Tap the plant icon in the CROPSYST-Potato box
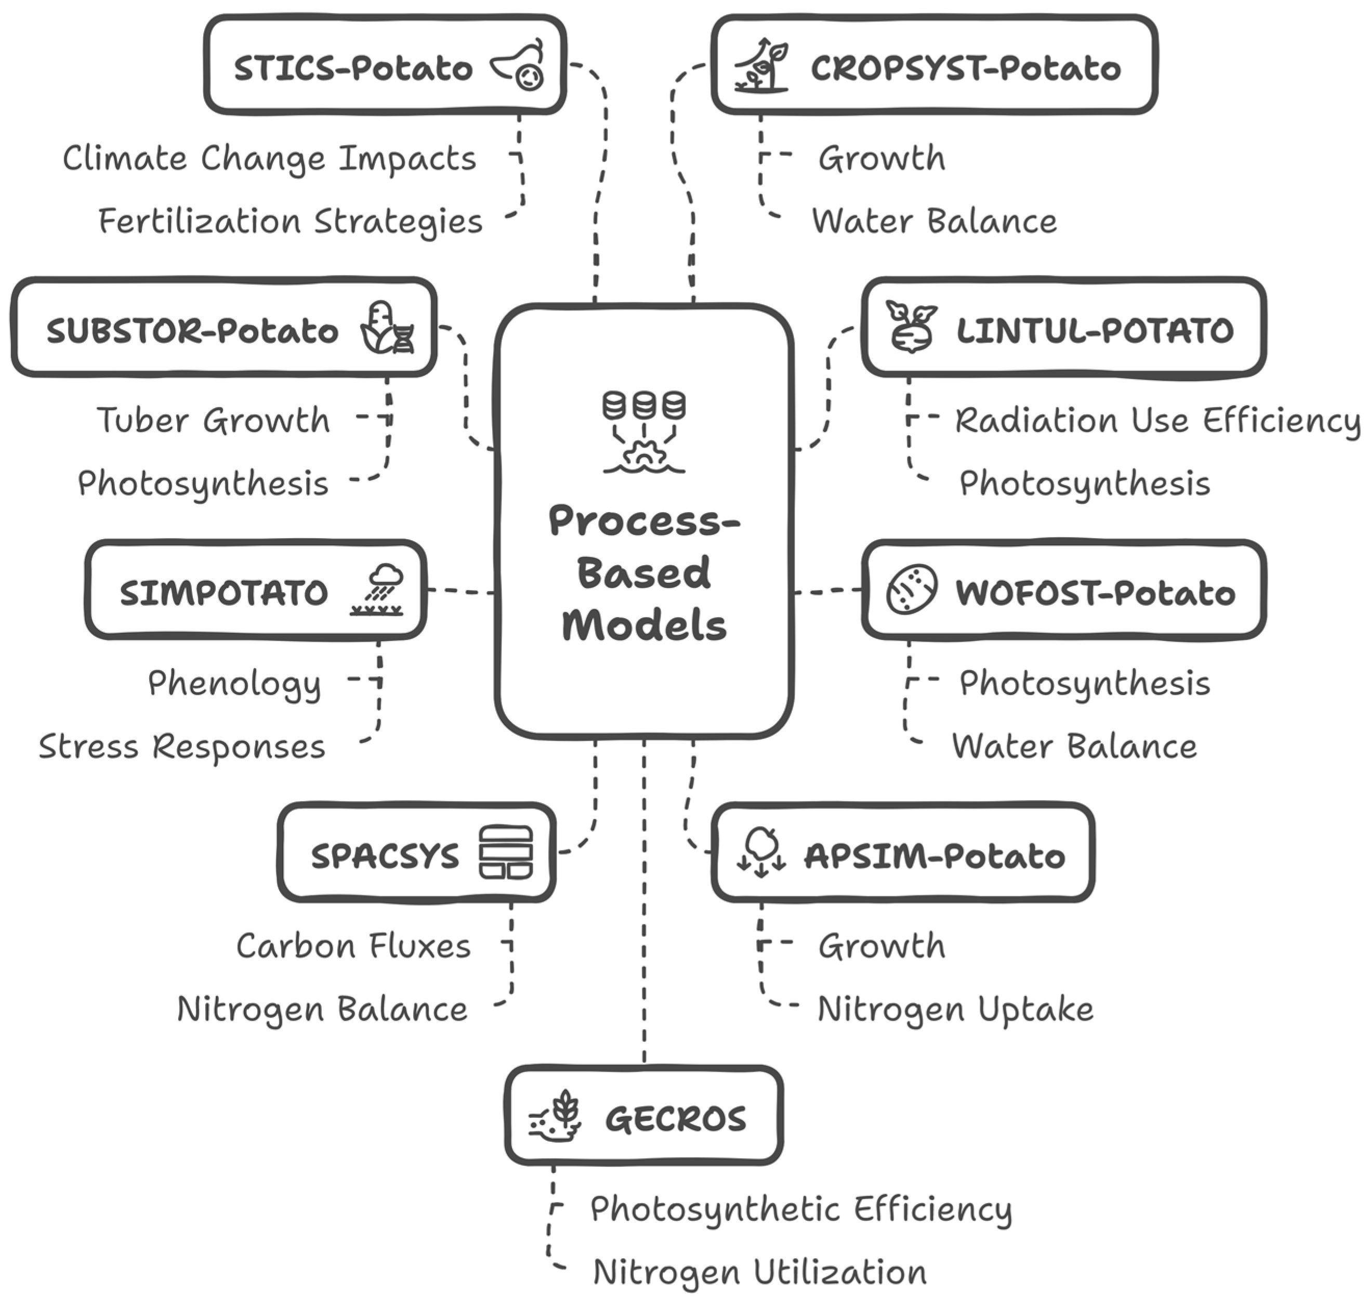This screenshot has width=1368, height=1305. coord(761,66)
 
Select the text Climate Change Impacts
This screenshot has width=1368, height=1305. coord(269,159)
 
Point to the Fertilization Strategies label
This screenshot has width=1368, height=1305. coord(290,221)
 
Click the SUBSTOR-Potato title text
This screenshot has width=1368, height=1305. coord(192,331)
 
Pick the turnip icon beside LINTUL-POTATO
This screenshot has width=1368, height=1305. coord(911,327)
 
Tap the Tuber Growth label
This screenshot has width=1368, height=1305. coord(213,420)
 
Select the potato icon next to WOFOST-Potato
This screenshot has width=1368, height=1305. coord(911,590)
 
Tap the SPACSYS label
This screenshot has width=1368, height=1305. coord(385,856)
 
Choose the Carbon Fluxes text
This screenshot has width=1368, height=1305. coord(353,946)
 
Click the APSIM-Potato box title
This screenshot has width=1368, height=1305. coord(934,856)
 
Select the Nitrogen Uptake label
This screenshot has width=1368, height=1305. coord(955,1009)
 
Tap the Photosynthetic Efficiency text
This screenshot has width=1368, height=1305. coord(800,1209)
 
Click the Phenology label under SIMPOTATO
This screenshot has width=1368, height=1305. coord(234,683)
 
